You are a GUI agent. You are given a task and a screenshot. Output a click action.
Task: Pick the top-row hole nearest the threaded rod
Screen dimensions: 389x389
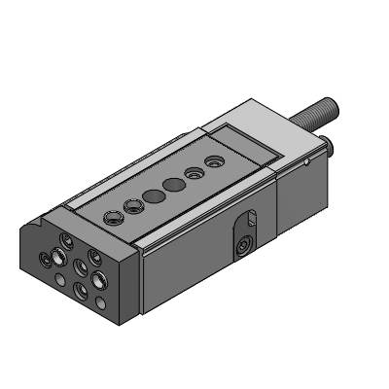pyautogui.click(x=213, y=159)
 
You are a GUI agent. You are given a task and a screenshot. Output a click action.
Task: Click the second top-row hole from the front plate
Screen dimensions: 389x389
pyautogui.click(x=132, y=205)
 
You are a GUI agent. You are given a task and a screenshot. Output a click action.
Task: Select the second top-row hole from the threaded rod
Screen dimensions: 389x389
pyautogui.click(x=194, y=171)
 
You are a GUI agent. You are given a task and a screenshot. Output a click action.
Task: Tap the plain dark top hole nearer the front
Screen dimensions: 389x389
pyautogui.click(x=153, y=195)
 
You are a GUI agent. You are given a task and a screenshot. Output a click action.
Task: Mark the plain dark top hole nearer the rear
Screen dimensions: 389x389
pyautogui.click(x=173, y=184)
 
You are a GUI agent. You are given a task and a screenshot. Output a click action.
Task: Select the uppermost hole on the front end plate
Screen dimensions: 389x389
pyautogui.click(x=66, y=238)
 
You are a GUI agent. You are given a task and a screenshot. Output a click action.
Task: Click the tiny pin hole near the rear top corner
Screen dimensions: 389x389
pyautogui.click(x=306, y=161)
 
